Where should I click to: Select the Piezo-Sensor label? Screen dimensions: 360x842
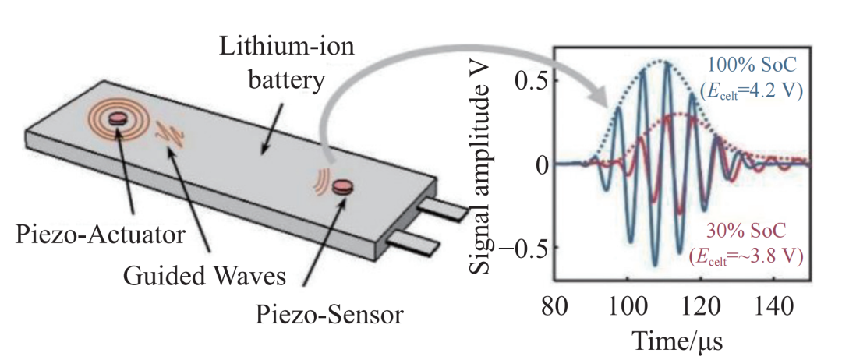click(329, 315)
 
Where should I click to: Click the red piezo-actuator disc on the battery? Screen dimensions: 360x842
click(118, 118)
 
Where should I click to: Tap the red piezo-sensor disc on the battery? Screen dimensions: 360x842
click(342, 185)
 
